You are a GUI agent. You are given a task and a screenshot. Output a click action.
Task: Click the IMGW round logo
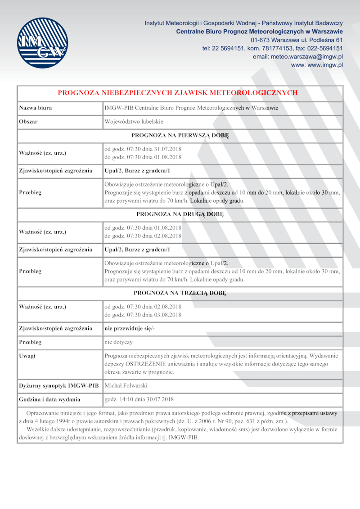point(42,43)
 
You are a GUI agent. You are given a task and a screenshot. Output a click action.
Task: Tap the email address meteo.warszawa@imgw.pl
point(298,57)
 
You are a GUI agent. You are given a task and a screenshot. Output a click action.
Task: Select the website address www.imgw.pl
point(317,65)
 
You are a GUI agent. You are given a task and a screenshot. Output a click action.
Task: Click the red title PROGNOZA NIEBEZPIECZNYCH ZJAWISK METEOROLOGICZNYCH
point(178,93)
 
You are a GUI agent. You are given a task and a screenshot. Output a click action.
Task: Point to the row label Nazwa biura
point(36,108)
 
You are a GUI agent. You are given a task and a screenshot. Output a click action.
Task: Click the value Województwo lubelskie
point(134,122)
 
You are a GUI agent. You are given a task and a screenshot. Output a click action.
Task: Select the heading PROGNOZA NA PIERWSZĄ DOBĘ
point(180,135)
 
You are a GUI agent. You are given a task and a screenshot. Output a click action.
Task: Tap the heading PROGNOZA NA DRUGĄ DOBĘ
point(180,214)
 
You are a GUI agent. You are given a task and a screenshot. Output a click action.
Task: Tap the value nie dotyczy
point(118,342)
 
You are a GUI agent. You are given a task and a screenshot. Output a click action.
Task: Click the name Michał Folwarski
point(126,385)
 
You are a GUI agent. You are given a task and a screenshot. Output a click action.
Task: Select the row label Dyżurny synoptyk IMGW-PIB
point(59,385)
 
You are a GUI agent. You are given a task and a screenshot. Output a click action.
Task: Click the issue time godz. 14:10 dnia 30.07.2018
point(139,399)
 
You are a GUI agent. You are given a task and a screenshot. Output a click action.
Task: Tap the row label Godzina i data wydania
point(49,399)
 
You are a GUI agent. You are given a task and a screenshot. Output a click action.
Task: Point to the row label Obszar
point(28,122)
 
